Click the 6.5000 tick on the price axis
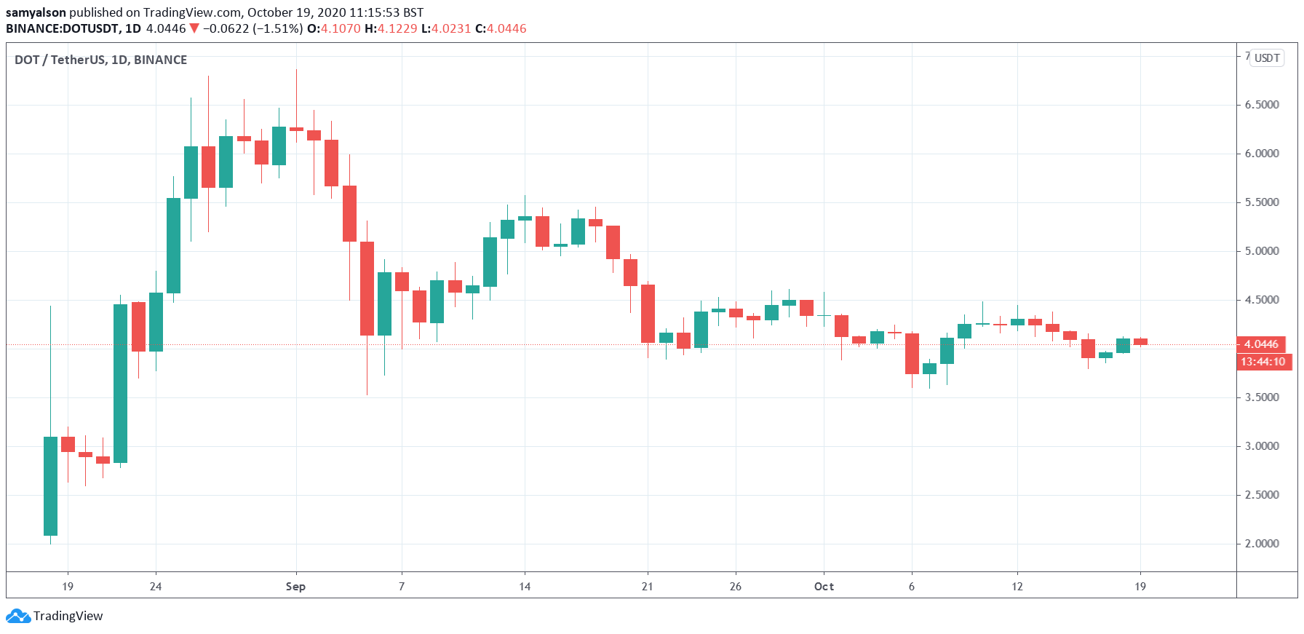[x=1261, y=105]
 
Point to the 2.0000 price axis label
[x=1261, y=544]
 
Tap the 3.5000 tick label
[x=1261, y=397]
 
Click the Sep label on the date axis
[x=295, y=587]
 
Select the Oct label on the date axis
[x=824, y=587]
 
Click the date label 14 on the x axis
[x=525, y=587]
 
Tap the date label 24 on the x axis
[x=156, y=587]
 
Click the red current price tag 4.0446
[x=1261, y=344]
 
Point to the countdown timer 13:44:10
[x=1263, y=362]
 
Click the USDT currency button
[x=1267, y=58]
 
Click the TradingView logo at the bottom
[x=55, y=616]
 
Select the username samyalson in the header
[x=36, y=12]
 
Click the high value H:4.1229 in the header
[x=391, y=29]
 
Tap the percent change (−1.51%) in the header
[x=277, y=29]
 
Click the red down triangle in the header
[x=194, y=28]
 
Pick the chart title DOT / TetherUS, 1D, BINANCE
[x=100, y=60]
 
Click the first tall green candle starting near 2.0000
[x=50, y=486]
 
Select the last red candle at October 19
[x=1140, y=341]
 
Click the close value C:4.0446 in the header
[x=501, y=29]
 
